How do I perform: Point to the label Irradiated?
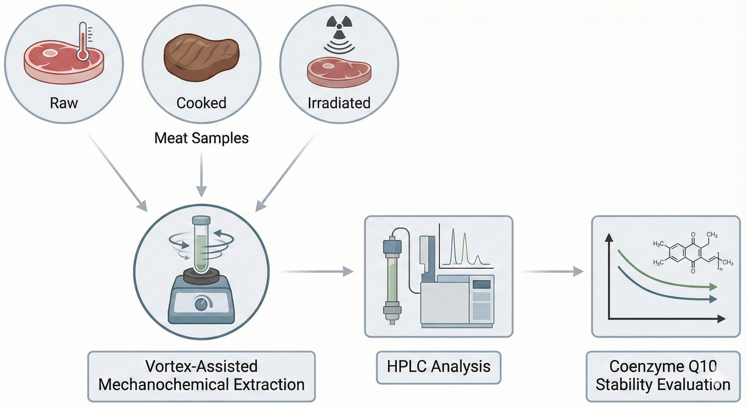coord(339,103)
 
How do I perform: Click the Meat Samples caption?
coord(201,138)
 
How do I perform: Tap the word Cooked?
coord(201,103)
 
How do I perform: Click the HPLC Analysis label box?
coord(438,367)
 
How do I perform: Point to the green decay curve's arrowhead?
coord(712,287)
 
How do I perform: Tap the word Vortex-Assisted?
coord(201,366)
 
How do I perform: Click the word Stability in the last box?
coord(635,385)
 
